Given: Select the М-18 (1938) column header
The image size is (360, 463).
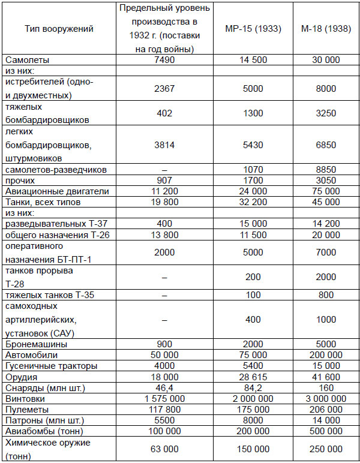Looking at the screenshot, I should pos(320,28).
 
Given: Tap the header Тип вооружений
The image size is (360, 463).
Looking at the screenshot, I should pos(59,28).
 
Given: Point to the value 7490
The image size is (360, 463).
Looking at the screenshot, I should pos(159,60).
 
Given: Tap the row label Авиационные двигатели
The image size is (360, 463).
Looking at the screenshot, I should pos(57,191).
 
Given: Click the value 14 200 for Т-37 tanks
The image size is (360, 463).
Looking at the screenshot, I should pos(320,223).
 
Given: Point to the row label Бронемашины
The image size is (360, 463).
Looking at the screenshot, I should pos(36,344).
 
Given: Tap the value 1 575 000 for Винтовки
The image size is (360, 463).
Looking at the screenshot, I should pos(159,398).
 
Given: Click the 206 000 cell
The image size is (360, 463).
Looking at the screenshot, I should pos(320,409).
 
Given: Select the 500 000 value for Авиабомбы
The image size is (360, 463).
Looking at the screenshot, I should pos(320,431).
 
